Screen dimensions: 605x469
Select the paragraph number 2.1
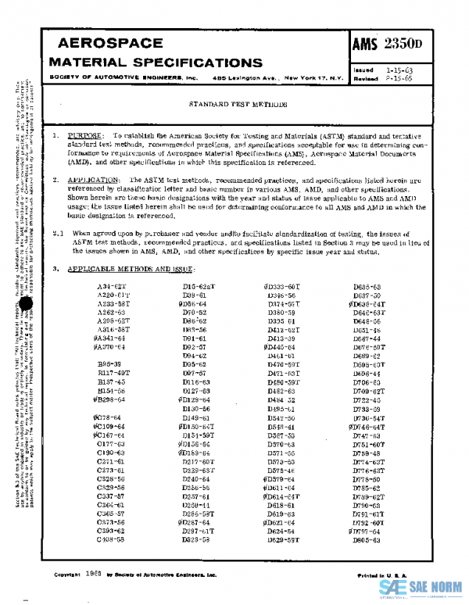(57, 234)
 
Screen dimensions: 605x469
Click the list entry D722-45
(366, 399)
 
